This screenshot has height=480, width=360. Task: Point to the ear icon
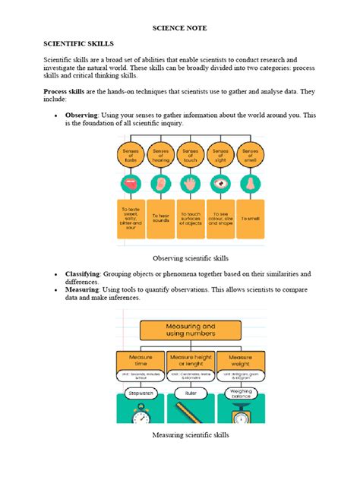(160, 184)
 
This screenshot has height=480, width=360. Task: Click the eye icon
(219, 184)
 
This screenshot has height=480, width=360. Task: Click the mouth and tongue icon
(131, 184)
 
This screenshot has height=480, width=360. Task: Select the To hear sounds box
(160, 218)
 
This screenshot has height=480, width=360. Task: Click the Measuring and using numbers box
(189, 329)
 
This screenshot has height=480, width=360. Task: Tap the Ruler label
(190, 393)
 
